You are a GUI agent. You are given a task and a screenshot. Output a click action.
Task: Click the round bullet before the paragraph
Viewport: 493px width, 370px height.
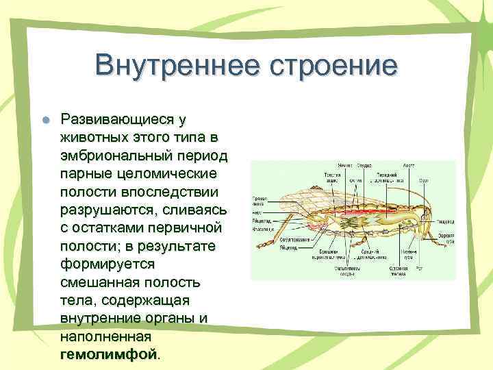click(45, 119)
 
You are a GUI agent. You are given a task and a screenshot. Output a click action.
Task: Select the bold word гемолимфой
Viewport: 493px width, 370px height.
click(109, 354)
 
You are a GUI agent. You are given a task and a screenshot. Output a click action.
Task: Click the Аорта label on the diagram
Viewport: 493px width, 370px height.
click(409, 166)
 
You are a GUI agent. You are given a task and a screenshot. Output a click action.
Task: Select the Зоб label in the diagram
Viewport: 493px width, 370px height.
click(423, 180)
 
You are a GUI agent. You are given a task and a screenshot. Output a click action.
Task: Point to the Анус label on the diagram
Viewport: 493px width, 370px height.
click(260, 212)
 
